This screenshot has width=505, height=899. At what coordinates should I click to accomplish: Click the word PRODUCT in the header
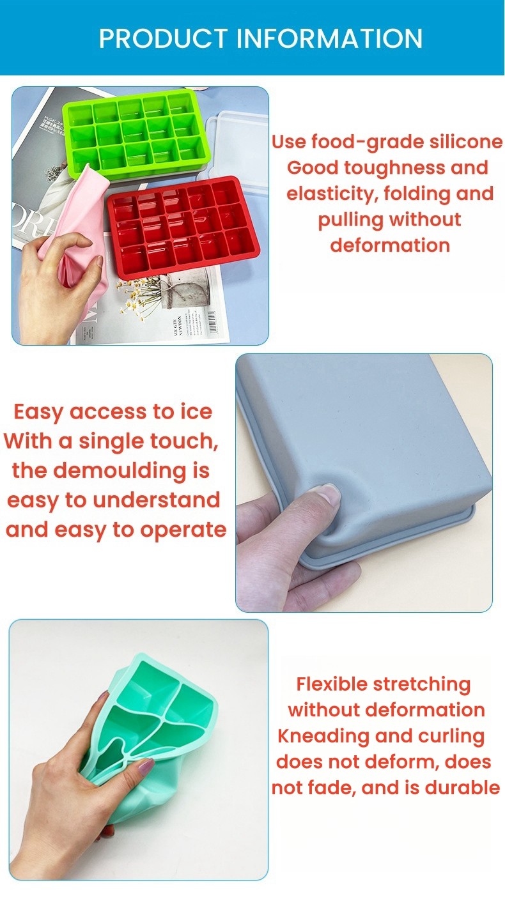pos(164,38)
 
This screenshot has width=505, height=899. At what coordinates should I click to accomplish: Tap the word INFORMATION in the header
pos(330,38)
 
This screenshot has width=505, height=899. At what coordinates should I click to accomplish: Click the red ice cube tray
pos(183,227)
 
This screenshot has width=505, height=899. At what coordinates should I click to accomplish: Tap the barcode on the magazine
pos(213,321)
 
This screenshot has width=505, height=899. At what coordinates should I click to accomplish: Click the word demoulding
pos(120,471)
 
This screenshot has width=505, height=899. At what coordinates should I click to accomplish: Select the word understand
pos(157,500)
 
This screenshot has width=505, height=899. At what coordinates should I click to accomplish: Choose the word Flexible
pos(332,684)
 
